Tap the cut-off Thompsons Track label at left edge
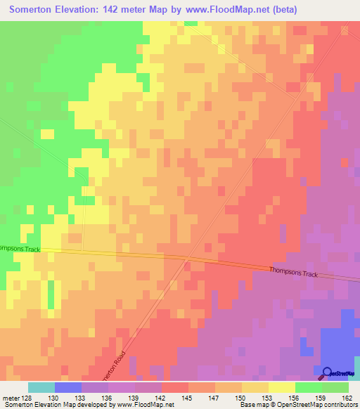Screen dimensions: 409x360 [x=21, y=249]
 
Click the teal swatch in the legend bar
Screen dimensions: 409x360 [x=41, y=387]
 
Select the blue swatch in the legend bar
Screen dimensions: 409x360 [x=68, y=387]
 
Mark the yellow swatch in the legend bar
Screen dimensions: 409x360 [x=282, y=387]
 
